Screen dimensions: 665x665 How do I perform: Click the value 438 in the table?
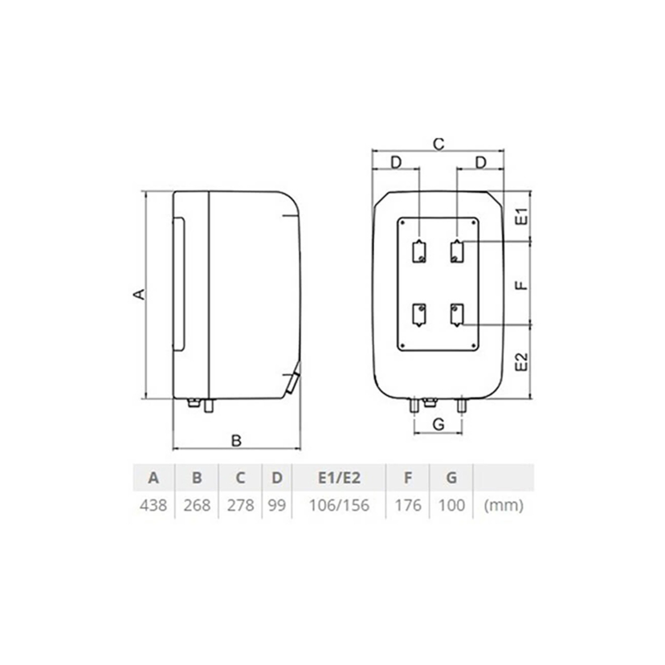click(x=153, y=505)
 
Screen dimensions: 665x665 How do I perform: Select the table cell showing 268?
click(x=197, y=505)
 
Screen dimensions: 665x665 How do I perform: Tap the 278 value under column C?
click(x=240, y=505)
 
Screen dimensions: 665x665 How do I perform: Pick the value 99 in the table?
click(x=277, y=505)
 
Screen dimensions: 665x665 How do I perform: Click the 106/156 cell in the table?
click(x=339, y=505)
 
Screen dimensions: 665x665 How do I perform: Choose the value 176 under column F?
click(x=408, y=505)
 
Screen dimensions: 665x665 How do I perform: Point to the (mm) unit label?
click(x=504, y=506)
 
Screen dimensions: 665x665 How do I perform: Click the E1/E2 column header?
click(x=339, y=478)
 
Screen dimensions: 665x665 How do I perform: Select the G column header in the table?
click(x=452, y=478)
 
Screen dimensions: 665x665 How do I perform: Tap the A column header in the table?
click(x=153, y=478)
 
